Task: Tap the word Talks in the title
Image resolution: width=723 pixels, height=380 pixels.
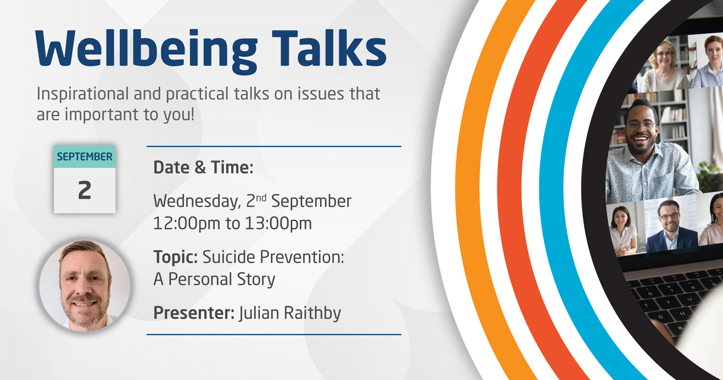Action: (329, 48)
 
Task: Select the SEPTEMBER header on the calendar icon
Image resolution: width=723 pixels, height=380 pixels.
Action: (85, 157)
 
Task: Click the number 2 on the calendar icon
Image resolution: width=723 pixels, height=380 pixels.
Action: (85, 190)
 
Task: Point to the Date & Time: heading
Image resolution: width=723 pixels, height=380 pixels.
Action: (203, 167)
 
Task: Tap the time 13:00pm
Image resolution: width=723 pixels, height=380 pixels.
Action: (279, 223)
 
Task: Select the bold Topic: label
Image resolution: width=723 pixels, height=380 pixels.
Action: (176, 257)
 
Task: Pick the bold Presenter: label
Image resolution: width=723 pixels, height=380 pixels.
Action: (194, 313)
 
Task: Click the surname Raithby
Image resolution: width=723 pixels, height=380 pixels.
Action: (312, 313)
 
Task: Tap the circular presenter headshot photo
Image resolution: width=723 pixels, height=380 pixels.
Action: (85, 286)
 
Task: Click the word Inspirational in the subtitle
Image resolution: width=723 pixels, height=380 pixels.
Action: (82, 94)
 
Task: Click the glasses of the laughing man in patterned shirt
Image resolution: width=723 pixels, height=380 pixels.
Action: (641, 125)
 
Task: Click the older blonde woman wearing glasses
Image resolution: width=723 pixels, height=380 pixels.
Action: (664, 65)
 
